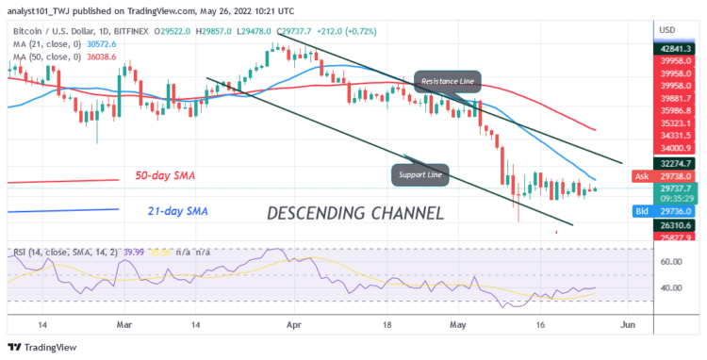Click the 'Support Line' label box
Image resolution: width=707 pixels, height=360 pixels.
(x=419, y=173)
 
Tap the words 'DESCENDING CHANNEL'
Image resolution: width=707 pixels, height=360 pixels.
(x=355, y=213)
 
